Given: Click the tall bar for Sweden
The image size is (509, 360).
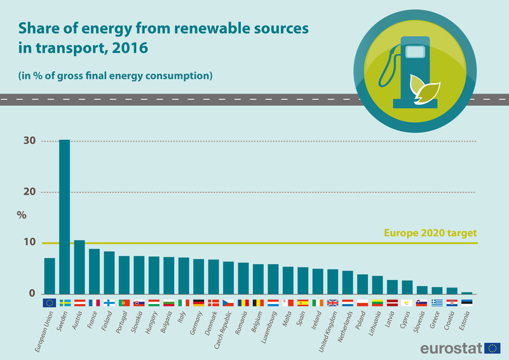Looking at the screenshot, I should [64, 216].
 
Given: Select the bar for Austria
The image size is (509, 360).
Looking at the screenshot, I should [79, 267].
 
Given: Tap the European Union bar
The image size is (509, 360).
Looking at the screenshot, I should [50, 275].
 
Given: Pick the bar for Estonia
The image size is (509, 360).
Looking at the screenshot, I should [467, 293].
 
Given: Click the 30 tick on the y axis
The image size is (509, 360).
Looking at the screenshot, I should [28, 141].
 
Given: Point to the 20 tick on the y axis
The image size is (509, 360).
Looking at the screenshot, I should [28, 192].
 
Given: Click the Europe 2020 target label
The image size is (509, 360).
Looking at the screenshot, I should [430, 233].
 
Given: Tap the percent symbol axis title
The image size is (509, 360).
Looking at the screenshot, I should [22, 215].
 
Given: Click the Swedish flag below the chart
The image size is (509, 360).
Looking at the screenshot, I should [64, 303].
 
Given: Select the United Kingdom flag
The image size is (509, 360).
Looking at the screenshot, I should [333, 303].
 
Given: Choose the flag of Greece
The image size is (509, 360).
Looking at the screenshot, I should [437, 303].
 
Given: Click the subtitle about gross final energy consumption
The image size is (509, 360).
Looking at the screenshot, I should [114, 76].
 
